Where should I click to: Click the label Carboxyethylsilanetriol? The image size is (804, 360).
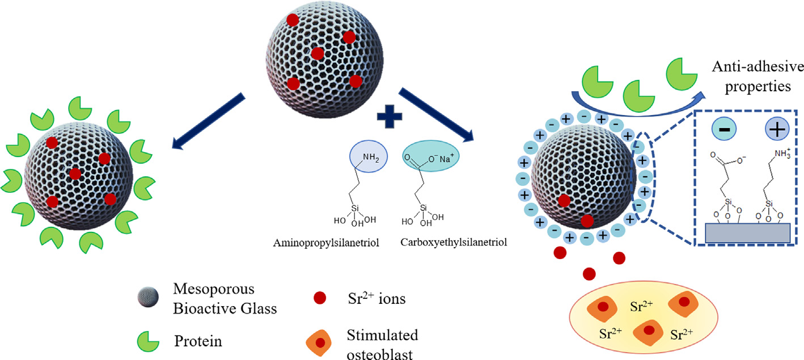453,243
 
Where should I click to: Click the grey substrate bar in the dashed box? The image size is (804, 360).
742,232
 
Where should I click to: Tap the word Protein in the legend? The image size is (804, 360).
198,342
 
